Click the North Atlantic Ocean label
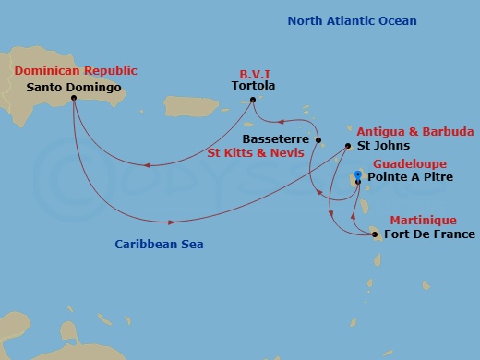pos(352,20)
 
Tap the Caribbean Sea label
pos(159,245)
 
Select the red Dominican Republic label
pos(75,70)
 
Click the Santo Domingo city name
pos(75,88)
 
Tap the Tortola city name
pos(255,87)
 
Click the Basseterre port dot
pos(318,140)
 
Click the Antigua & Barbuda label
pos(404,130)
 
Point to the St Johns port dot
pos(348,146)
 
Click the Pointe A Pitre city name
pos(411,176)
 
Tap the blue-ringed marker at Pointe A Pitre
pos(358,175)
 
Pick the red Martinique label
pos(420,220)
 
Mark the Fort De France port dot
pos(374,234)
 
